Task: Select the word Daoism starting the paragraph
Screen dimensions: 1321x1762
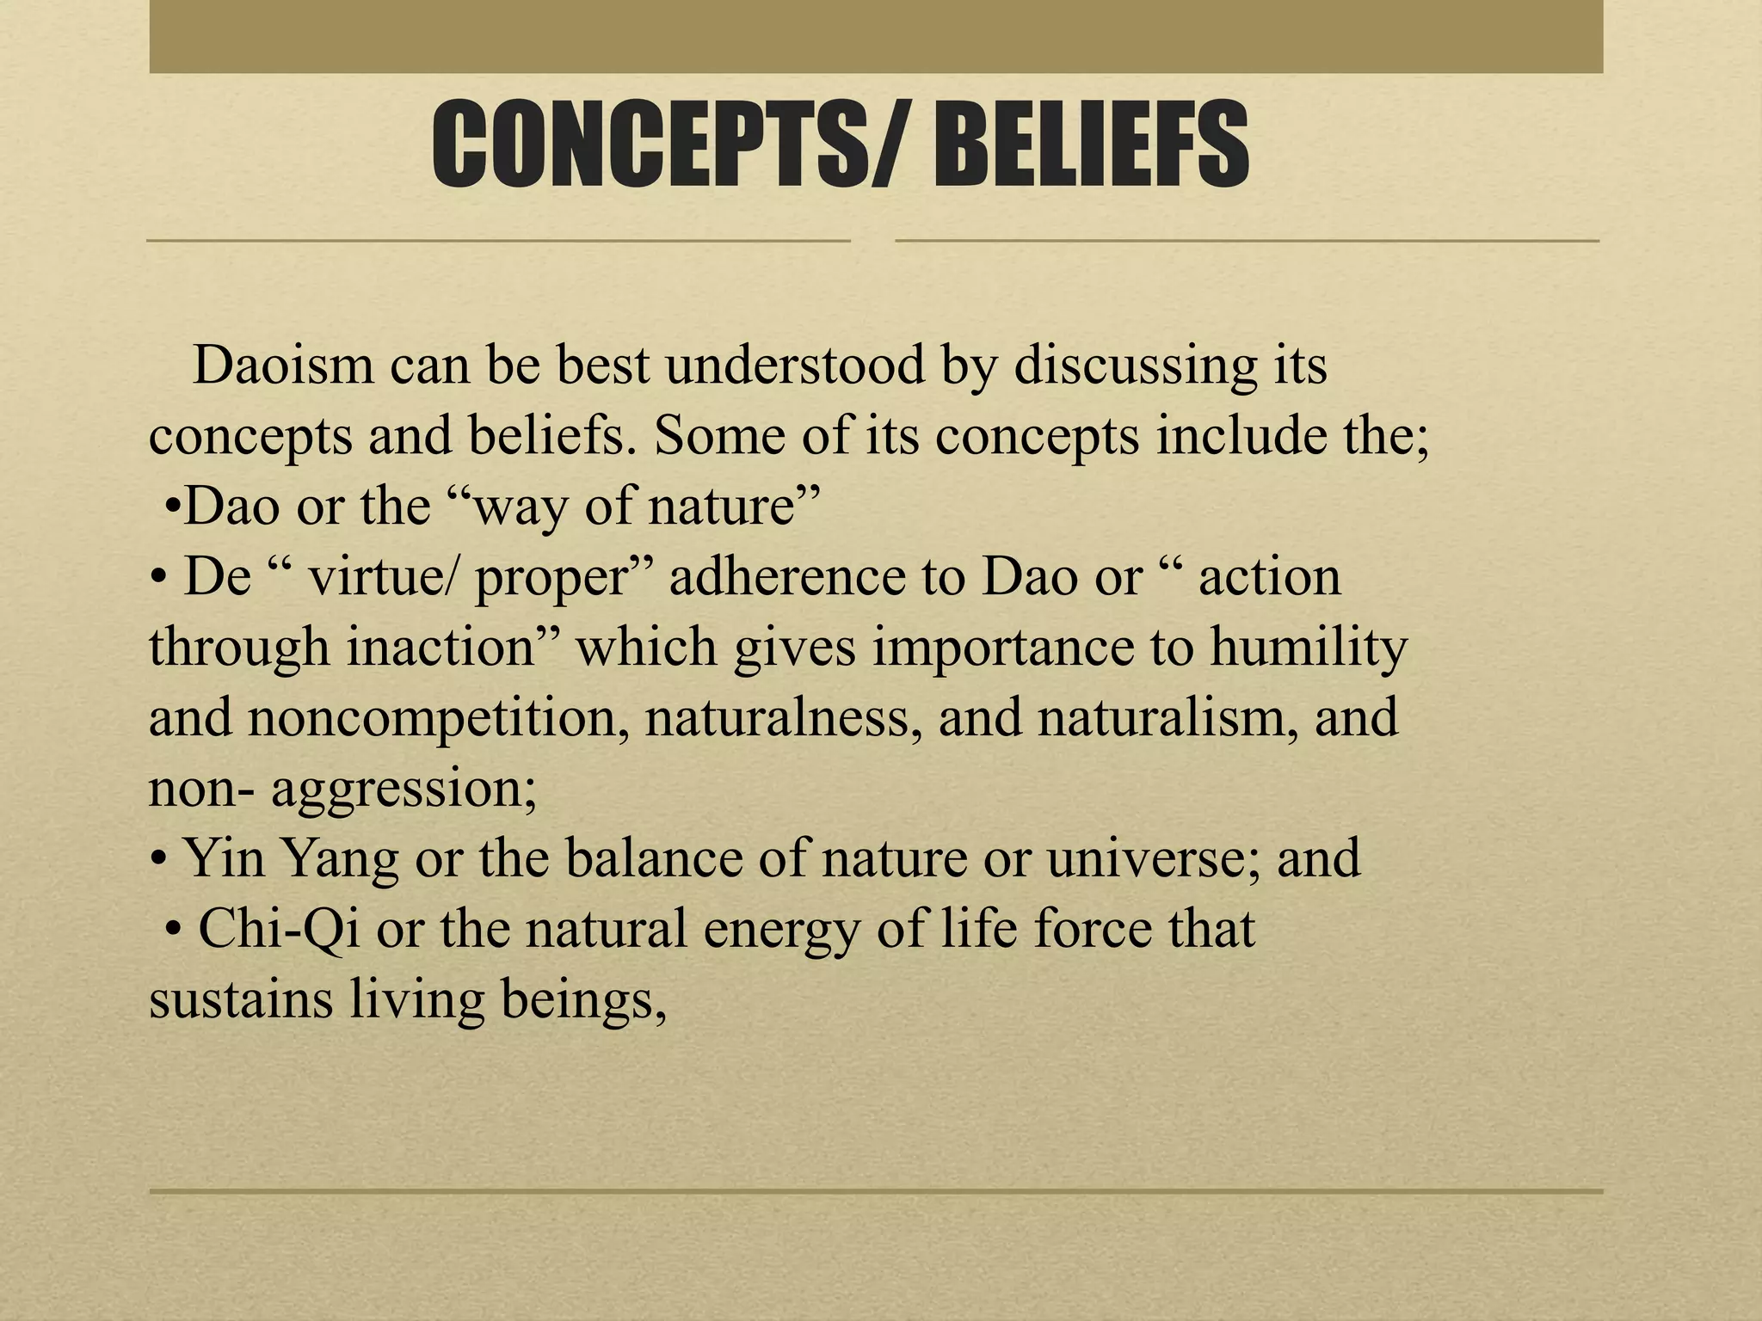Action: coord(284,366)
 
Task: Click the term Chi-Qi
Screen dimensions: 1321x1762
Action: coord(280,930)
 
